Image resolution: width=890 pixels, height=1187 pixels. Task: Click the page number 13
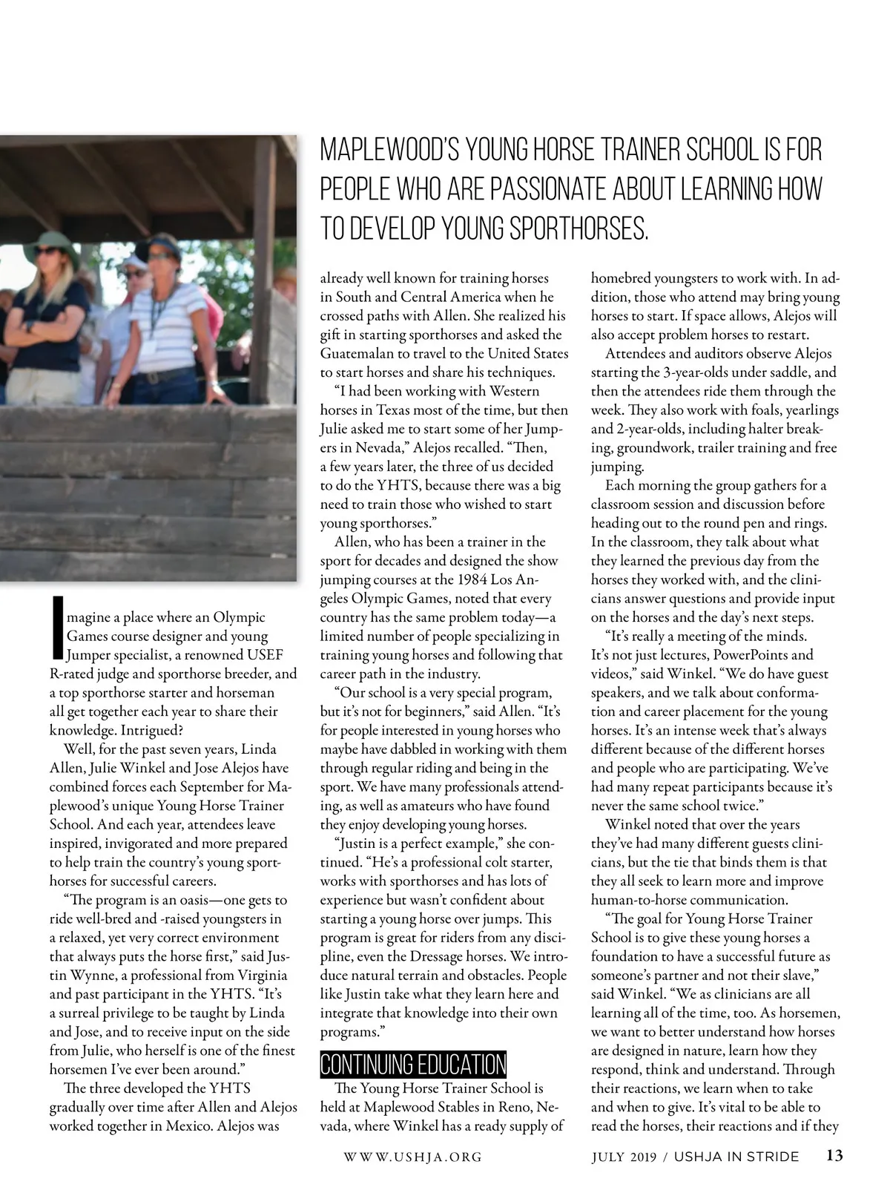point(834,1156)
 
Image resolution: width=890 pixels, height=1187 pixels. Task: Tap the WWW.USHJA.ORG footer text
point(413,1157)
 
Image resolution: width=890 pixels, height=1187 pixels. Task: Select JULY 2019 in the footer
point(623,1157)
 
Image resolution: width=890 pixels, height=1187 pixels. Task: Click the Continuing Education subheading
point(413,1064)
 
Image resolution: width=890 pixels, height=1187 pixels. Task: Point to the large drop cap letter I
point(58,628)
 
